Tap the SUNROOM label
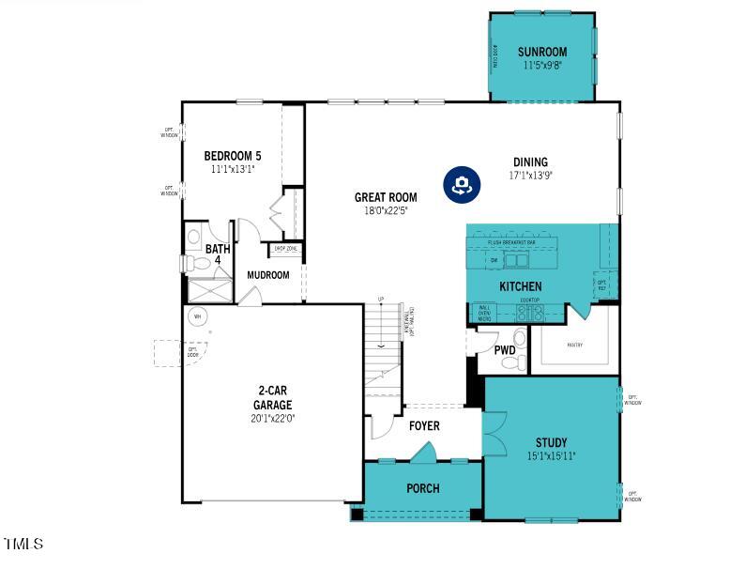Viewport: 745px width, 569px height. tap(541, 52)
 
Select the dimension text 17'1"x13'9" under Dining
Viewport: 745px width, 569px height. tap(531, 176)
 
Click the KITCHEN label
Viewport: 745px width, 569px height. tap(520, 286)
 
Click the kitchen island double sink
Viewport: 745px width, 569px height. tap(515, 260)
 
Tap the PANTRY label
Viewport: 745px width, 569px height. tap(574, 345)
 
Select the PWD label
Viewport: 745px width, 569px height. tap(505, 351)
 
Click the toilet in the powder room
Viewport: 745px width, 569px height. tap(520, 338)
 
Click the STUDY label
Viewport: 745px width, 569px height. tap(551, 442)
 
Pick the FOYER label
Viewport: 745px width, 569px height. tap(423, 426)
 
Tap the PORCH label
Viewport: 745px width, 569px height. tap(422, 488)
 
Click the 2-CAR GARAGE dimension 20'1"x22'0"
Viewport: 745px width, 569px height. tap(272, 419)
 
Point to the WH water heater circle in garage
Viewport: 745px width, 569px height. tap(198, 317)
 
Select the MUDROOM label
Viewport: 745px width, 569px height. tap(267, 275)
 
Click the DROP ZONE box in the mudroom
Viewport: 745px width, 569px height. tap(286, 249)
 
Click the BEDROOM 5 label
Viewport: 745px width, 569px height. tap(233, 156)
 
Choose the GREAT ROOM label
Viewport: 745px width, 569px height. tap(386, 197)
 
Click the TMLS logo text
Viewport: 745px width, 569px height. tap(23, 544)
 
